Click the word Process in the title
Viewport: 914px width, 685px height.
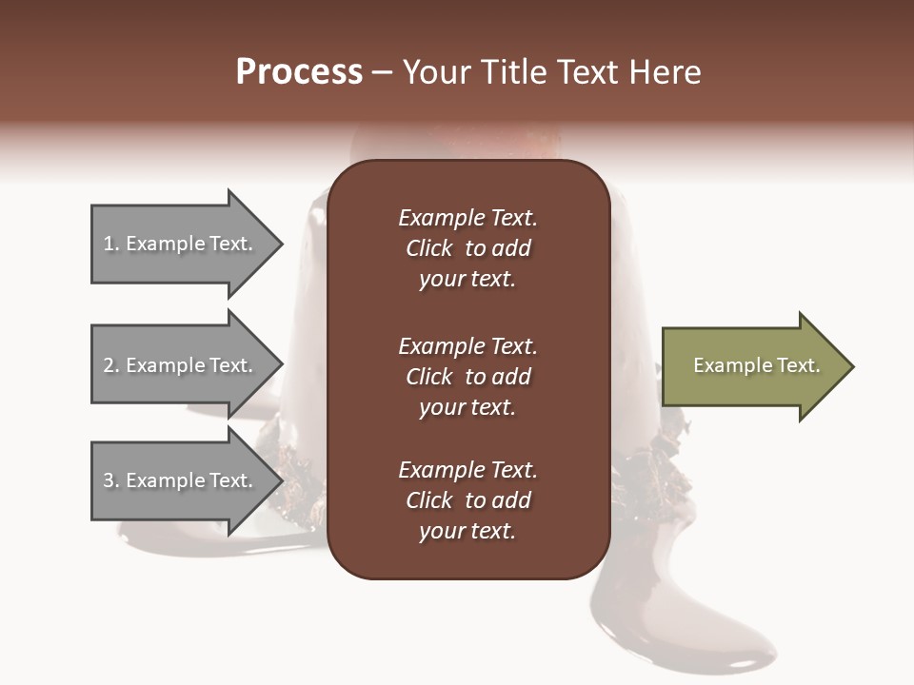tap(299, 72)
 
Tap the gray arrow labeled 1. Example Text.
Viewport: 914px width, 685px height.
tap(181, 245)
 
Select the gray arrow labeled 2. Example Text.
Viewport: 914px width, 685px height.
tap(181, 365)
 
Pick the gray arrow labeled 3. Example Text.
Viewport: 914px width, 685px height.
tap(181, 480)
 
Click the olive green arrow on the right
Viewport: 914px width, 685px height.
tap(752, 366)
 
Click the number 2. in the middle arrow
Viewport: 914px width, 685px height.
tap(111, 365)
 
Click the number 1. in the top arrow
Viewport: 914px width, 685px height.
tap(111, 244)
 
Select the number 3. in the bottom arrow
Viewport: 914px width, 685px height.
tap(111, 480)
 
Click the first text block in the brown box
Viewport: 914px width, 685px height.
tap(467, 248)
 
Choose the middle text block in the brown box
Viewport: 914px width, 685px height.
tap(467, 377)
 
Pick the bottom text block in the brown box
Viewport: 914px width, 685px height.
tap(467, 500)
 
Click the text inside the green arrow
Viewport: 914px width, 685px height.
tap(756, 365)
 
